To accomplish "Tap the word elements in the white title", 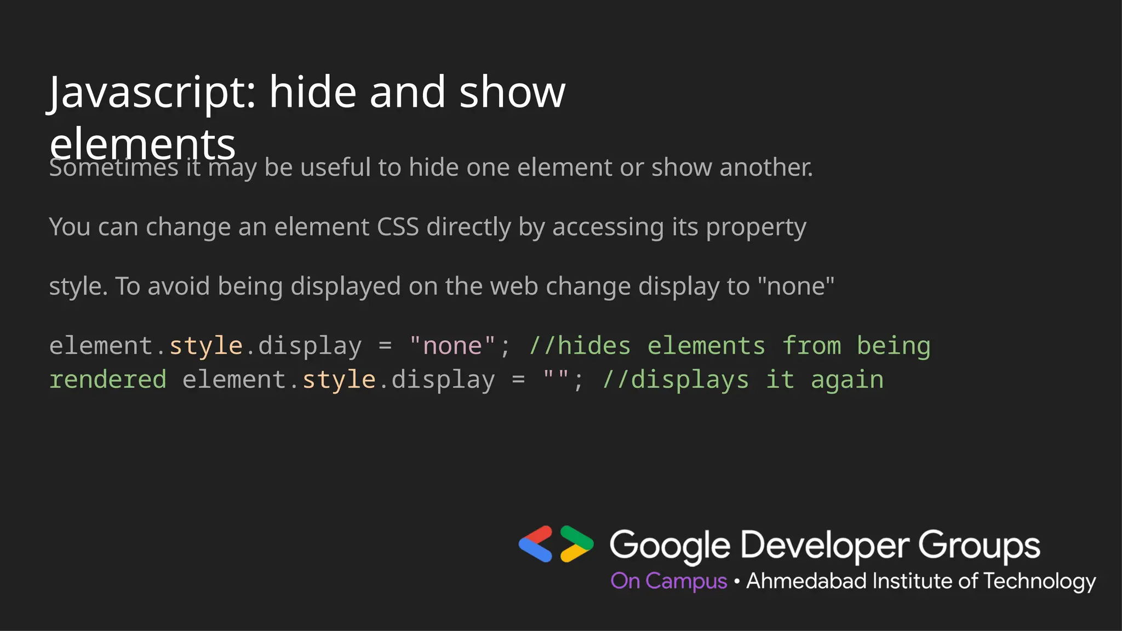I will [x=142, y=144].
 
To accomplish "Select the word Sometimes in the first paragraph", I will [x=113, y=168].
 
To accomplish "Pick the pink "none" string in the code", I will [x=452, y=346].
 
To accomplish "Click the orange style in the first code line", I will [x=206, y=346].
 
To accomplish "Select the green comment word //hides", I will [x=580, y=346].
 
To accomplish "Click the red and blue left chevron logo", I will [x=536, y=544].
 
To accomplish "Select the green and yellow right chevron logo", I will [x=576, y=544].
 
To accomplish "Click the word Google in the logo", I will [x=669, y=546].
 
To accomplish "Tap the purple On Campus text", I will [x=669, y=581].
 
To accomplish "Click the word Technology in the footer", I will [x=1039, y=582].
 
